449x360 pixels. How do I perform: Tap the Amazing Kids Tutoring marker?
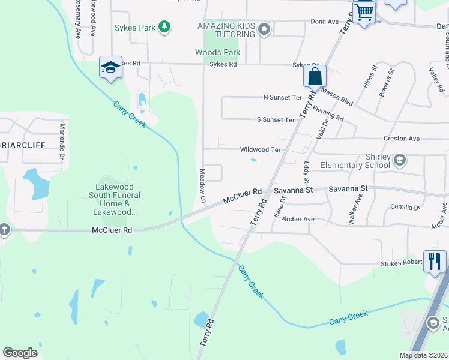(263, 29)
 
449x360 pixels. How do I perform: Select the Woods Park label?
(217, 53)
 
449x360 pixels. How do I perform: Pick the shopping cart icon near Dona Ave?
(364, 11)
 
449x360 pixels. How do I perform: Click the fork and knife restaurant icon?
(435, 261)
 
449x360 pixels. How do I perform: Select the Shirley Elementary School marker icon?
(399, 160)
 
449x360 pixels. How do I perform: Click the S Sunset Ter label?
(276, 120)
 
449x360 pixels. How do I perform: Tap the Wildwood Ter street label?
(260, 150)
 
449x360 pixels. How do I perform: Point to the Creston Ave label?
(402, 139)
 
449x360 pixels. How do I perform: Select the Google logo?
(20, 353)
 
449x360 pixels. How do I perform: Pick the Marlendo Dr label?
(62, 142)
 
